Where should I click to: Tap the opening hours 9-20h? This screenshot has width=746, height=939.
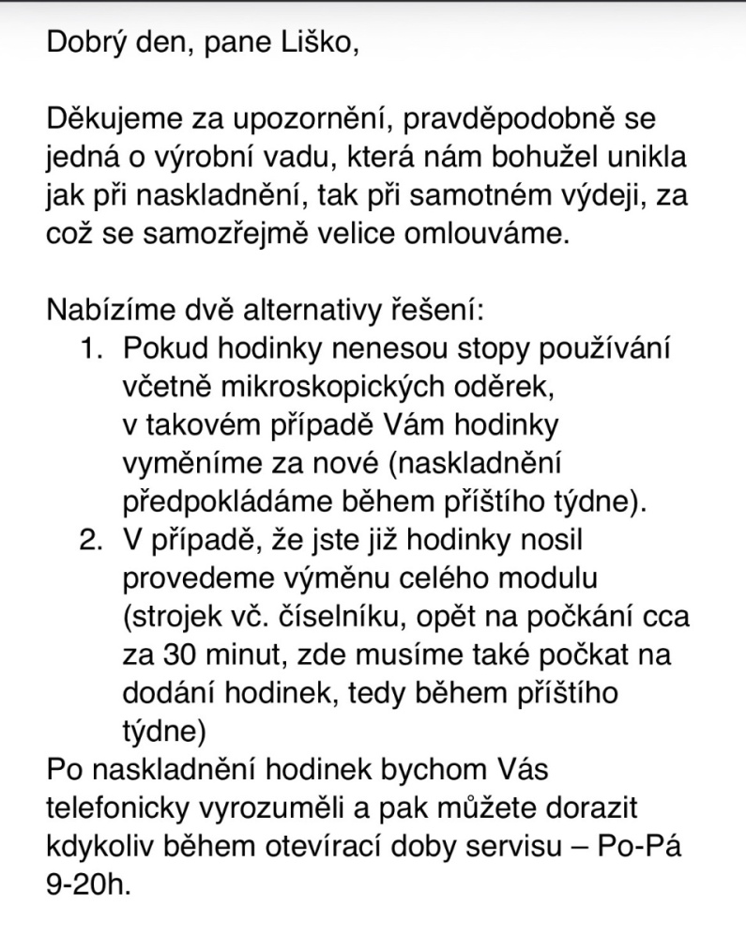88,884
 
